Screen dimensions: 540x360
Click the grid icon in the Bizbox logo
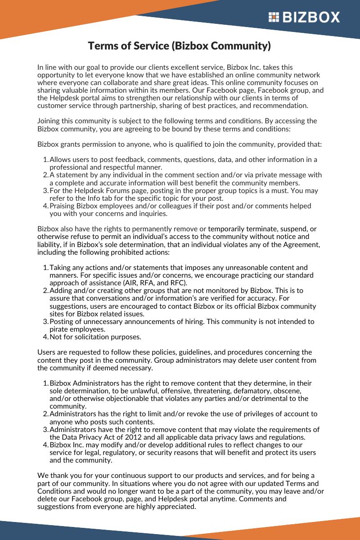[x=274, y=17]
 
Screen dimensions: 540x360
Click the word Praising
[x=63, y=206]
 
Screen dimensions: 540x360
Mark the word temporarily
[x=229, y=229]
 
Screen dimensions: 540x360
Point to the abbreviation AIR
[x=130, y=283]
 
